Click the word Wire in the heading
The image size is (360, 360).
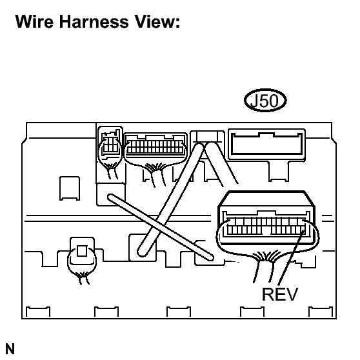coord(34,21)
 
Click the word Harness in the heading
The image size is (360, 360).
coord(94,21)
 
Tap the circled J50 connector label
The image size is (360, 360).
coord(265,101)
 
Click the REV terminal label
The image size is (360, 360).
coord(280,294)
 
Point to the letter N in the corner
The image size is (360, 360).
coord(10,349)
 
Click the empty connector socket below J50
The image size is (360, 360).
coord(267,144)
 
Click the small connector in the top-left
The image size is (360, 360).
coord(110,143)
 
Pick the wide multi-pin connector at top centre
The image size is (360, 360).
coord(155,146)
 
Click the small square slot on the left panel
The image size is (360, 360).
coord(70,188)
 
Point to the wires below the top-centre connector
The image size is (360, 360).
coord(156,174)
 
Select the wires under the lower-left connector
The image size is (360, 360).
coord(83,278)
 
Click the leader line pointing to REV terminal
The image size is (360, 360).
coord(291,258)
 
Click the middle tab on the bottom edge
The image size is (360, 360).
coord(179,312)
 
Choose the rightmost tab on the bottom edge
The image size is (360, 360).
coord(321,312)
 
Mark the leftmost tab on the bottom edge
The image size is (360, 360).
coord(38,312)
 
